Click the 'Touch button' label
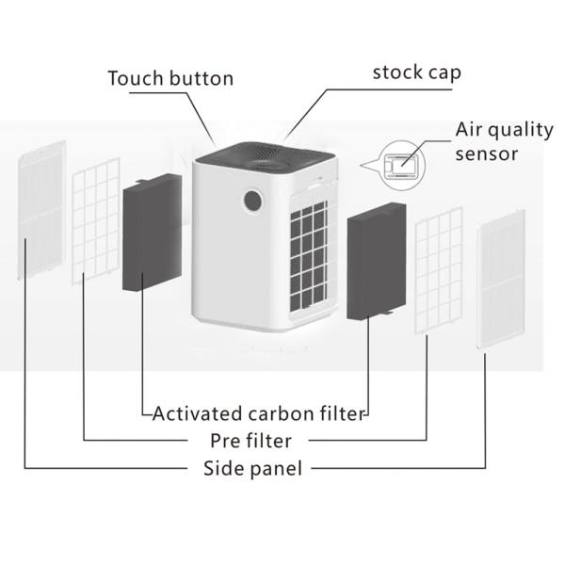coord(170,77)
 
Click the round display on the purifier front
coord(252,201)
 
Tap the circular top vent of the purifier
coord(259,154)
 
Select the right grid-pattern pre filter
coord(439,266)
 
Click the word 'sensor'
coord(487,153)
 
